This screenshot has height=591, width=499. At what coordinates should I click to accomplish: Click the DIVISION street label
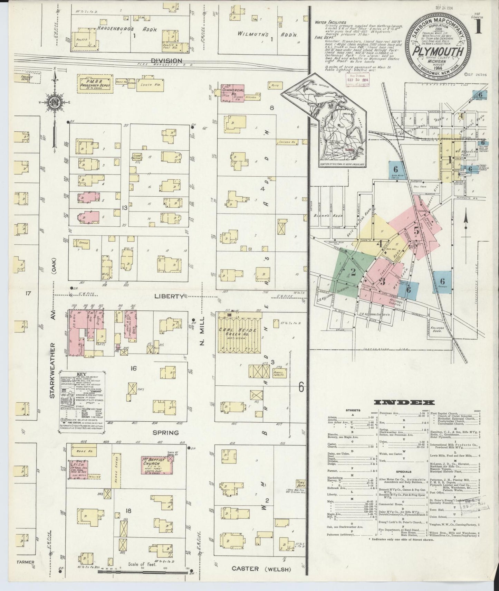pos(166,60)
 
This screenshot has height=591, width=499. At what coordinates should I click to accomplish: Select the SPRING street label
pos(166,432)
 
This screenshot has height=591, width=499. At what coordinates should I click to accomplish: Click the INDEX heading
pos(404,402)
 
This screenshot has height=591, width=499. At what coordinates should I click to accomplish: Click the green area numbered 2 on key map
pos(352,271)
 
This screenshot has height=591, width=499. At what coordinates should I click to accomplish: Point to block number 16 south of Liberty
pos(133,368)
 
